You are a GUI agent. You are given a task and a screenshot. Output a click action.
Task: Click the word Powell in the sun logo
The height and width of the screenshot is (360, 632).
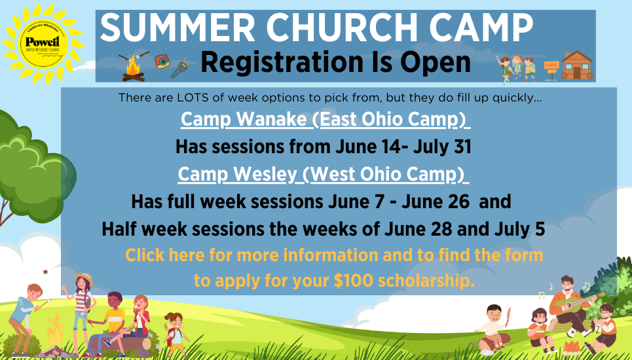tap(42, 42)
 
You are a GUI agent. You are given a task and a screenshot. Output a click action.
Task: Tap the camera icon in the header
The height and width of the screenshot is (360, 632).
tap(162, 62)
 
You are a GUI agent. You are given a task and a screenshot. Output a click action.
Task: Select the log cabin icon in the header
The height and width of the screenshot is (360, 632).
tap(577, 65)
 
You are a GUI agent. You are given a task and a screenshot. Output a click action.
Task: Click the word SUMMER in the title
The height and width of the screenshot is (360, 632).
tap(177, 27)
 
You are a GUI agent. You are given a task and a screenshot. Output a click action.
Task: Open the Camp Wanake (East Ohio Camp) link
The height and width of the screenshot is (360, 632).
tap(325, 119)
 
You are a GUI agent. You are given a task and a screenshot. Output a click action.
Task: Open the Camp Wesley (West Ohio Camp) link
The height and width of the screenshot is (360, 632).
tap(323, 174)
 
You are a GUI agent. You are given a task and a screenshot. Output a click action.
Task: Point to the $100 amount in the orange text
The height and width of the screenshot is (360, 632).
tap(353, 281)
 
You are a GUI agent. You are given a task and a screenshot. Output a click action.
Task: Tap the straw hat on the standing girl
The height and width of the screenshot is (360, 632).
tap(85, 278)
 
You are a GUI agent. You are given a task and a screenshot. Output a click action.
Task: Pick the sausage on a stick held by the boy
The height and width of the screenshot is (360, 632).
tap(508, 316)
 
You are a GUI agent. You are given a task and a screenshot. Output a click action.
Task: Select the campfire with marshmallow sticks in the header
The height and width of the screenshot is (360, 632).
tap(134, 67)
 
